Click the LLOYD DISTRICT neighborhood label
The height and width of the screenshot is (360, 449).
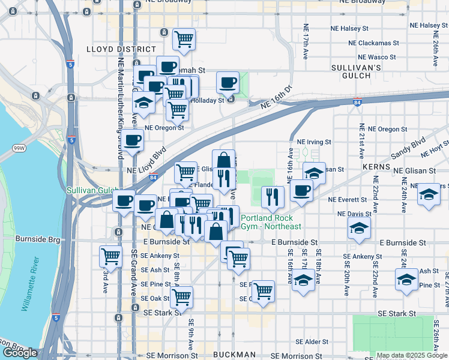click(x=121, y=49)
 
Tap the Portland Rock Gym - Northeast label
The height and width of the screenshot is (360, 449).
click(x=271, y=222)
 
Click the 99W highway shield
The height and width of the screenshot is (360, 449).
click(x=19, y=148)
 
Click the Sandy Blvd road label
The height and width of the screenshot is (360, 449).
click(x=410, y=148)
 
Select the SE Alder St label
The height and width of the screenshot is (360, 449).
click(x=307, y=342)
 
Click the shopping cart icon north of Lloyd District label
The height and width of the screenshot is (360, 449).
click(x=184, y=39)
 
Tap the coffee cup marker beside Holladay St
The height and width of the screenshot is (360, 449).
click(x=228, y=82)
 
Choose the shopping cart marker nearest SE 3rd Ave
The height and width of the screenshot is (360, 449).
click(x=111, y=256)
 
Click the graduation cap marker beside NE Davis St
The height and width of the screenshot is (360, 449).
click(x=359, y=228)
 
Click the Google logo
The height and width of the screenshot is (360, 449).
click(x=20, y=353)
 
